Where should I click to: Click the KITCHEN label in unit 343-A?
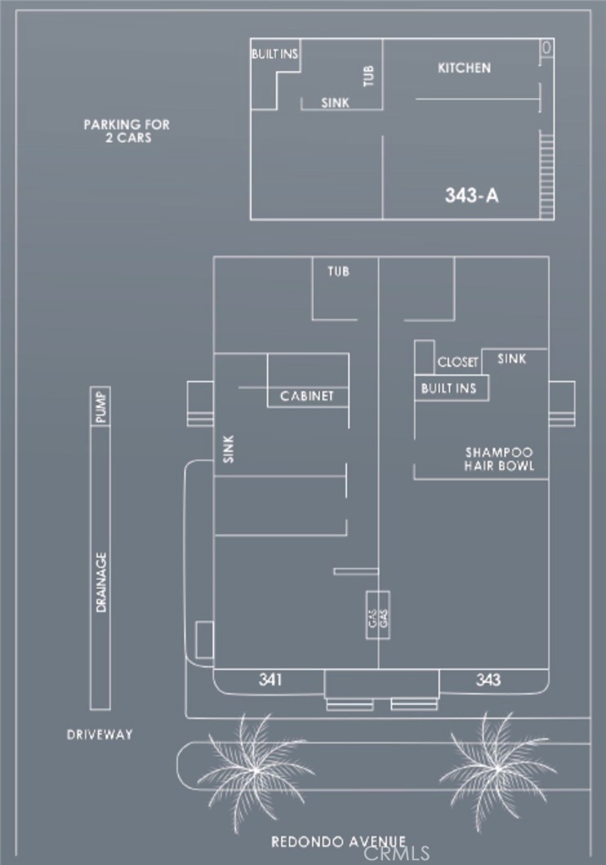tap(464, 68)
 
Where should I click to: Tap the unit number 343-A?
tap(471, 195)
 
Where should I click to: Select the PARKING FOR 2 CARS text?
tap(127, 132)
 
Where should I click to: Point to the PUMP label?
tap(100, 407)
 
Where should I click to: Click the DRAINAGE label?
tap(100, 582)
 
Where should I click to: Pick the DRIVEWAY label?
tap(100, 734)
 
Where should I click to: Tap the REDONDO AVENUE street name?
tap(339, 842)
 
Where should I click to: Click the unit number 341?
tap(270, 680)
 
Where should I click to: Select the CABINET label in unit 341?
tap(306, 396)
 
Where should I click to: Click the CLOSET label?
tap(457, 362)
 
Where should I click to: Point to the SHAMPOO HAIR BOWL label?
tap(499, 459)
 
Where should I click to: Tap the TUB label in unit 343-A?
tap(369, 76)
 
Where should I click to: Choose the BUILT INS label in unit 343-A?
tap(274, 54)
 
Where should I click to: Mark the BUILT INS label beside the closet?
tap(448, 388)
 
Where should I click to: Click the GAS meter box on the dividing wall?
tap(377, 615)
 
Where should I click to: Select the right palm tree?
tap(498, 767)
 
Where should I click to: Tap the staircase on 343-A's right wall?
tap(546, 175)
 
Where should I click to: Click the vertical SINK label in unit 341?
tap(229, 449)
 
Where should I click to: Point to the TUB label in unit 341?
tap(338, 271)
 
